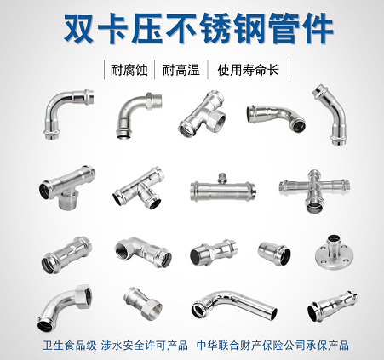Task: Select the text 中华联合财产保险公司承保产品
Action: [x=283, y=346]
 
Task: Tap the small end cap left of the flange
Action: [x=274, y=251]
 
